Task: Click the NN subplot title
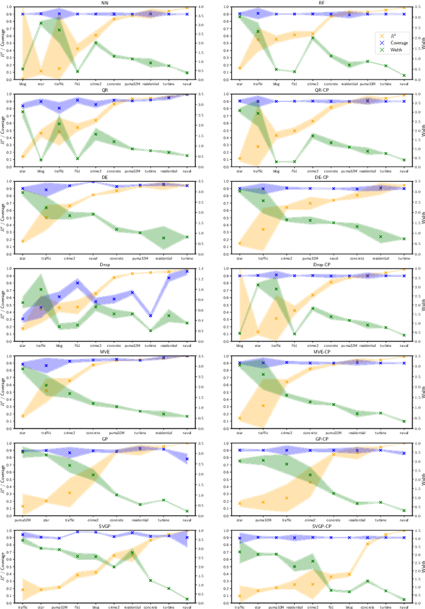click(105, 3)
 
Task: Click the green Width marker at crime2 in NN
click(96, 42)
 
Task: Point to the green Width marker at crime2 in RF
click(313, 38)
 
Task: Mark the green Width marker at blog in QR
click(41, 160)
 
